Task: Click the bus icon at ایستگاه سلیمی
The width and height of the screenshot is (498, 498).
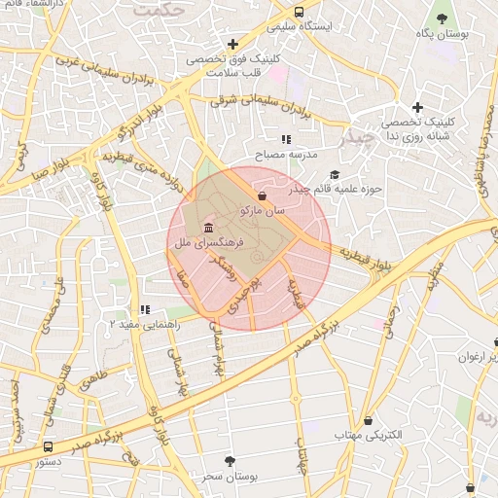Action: (x=298, y=13)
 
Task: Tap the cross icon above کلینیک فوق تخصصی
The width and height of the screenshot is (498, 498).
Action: (x=232, y=44)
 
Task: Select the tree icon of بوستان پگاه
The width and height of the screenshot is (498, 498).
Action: (x=442, y=18)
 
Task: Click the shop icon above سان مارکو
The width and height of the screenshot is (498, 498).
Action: (x=263, y=195)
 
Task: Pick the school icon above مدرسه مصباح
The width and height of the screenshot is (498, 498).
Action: (x=286, y=140)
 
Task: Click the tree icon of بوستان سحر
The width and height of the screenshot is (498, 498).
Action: (x=230, y=461)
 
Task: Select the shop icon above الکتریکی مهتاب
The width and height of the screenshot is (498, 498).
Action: (x=368, y=420)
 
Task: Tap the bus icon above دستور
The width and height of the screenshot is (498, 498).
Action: (x=48, y=446)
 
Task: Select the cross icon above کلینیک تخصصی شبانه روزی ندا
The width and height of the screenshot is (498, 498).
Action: (x=417, y=107)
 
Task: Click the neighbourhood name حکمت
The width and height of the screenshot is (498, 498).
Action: (x=160, y=10)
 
